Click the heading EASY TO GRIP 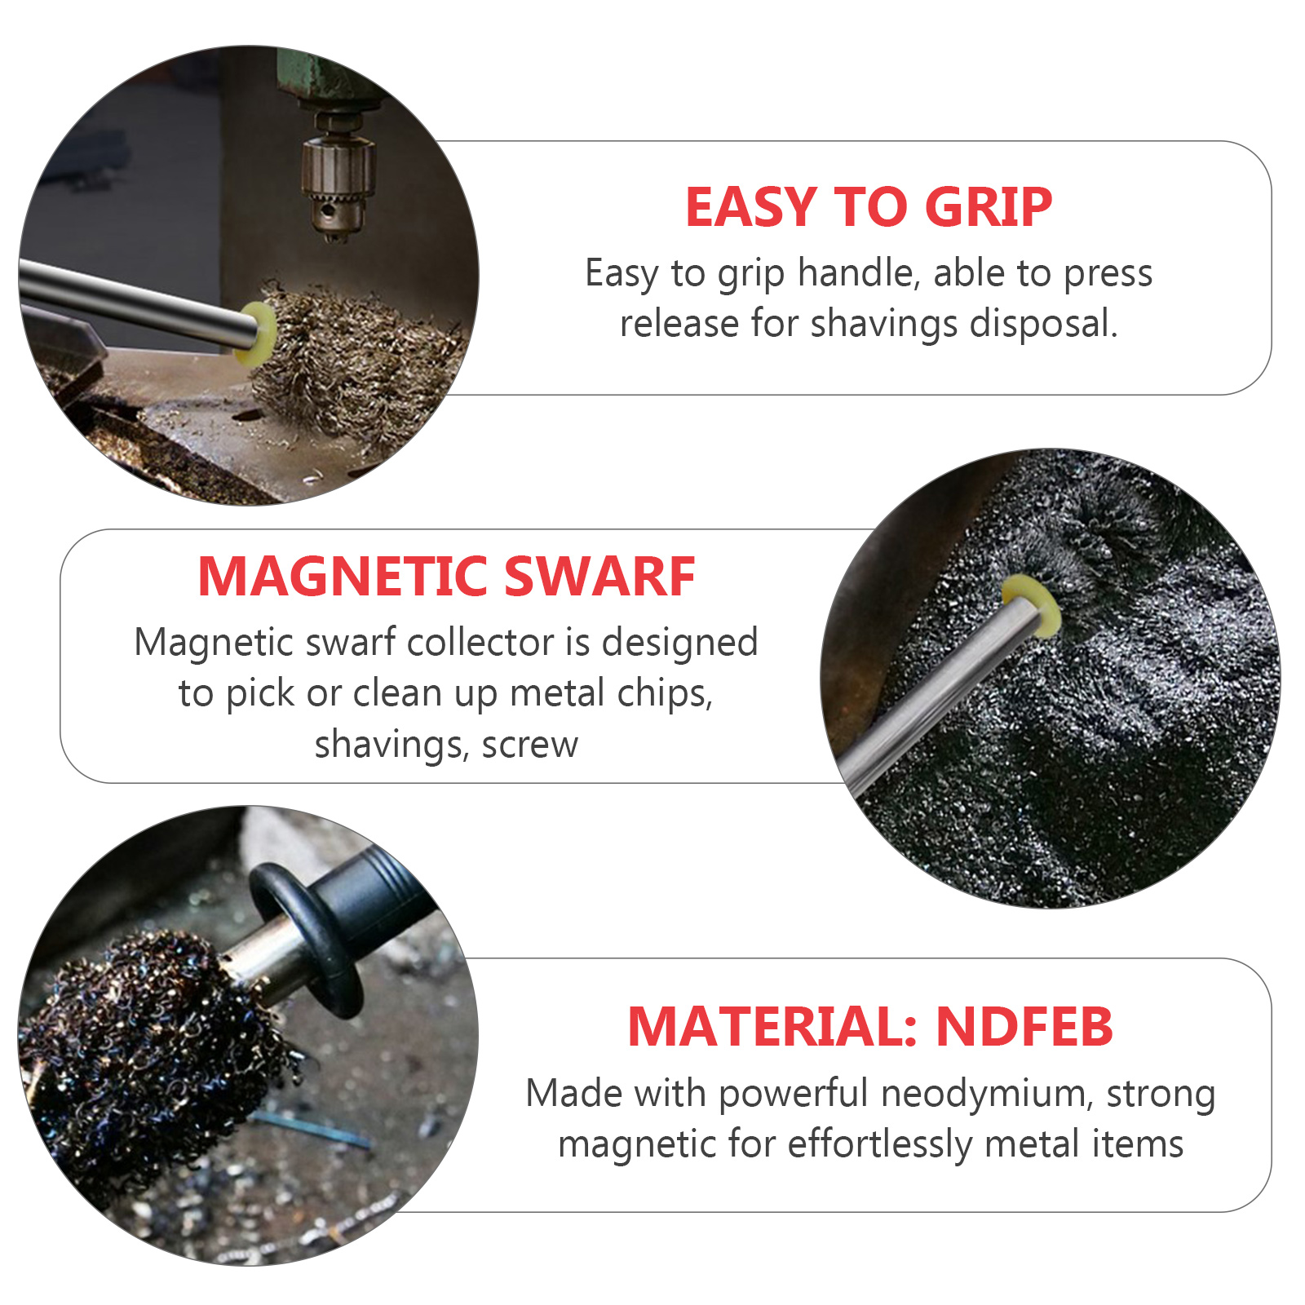point(869,206)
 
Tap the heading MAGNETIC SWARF point(446,577)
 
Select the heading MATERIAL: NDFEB point(869,1026)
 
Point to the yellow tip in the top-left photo point(255,334)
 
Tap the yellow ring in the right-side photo point(1031,604)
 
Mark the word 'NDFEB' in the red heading point(1024,1026)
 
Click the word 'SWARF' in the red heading point(599,577)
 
